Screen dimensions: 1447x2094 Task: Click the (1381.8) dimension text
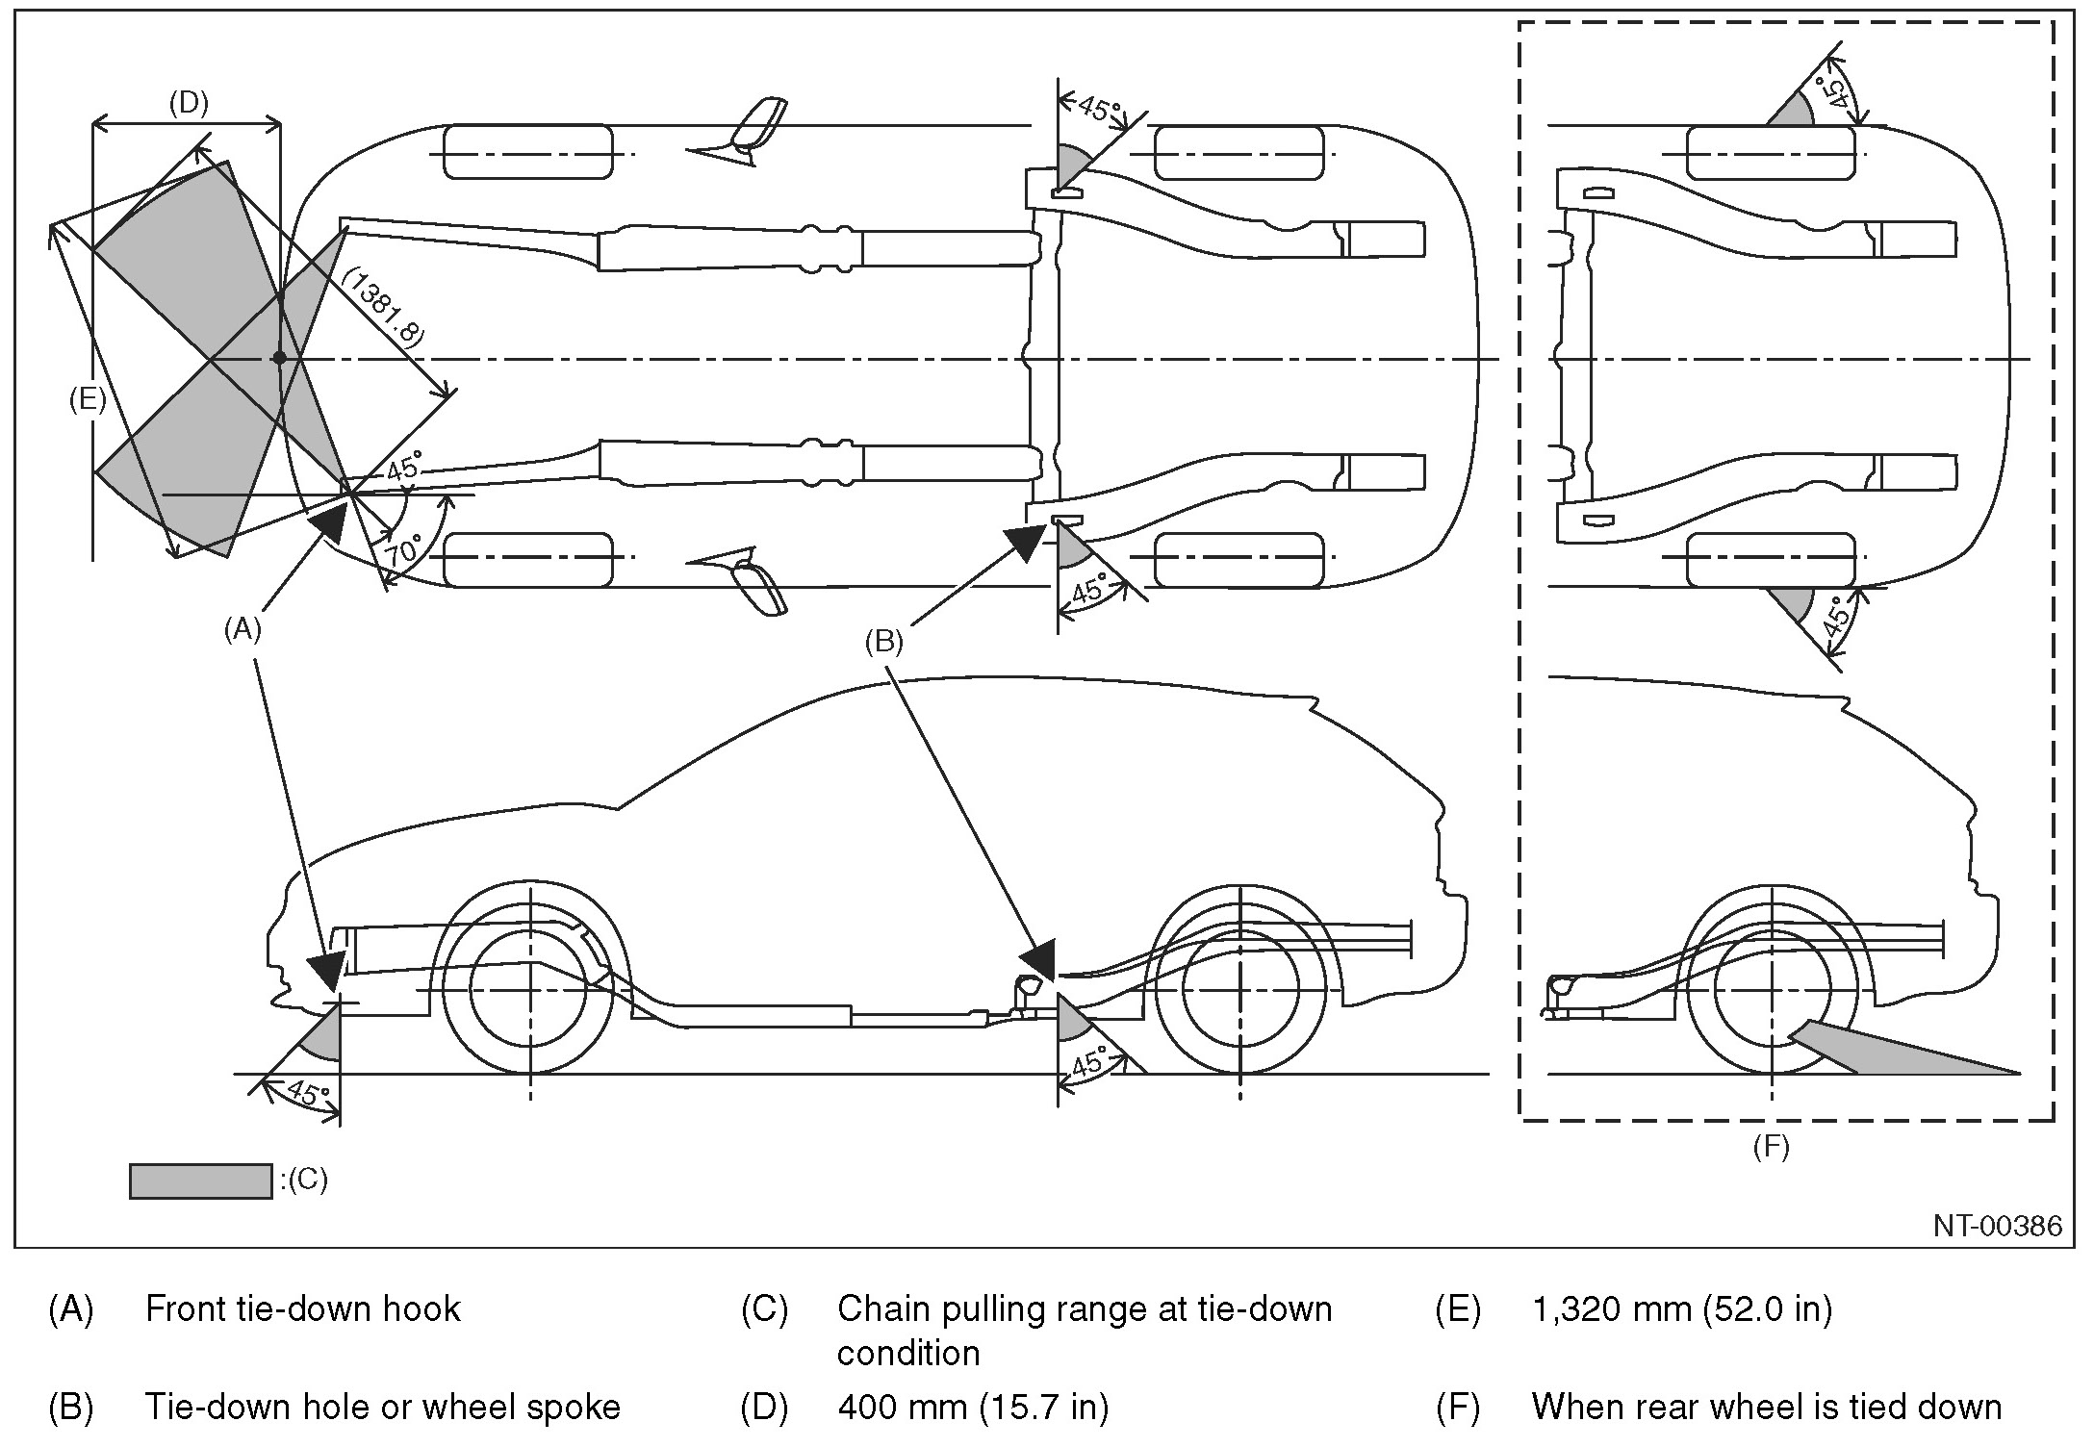tap(383, 308)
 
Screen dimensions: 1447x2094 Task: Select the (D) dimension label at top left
tap(189, 103)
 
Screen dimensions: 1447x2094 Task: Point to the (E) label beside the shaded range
tap(88, 399)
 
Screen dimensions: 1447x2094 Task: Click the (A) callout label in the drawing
tap(243, 629)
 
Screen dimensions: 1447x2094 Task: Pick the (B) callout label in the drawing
tap(884, 642)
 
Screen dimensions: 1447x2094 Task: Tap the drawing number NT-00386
tap(1998, 1225)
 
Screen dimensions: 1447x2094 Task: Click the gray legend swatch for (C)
tap(200, 1180)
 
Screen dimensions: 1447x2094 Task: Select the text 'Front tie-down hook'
tap(302, 1309)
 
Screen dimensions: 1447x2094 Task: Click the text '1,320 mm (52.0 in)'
tap(1681, 1309)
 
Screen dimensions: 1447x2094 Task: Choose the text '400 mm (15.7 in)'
tap(973, 1408)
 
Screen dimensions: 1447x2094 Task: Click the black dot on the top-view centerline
tap(279, 358)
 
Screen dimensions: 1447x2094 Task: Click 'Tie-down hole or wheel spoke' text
tap(382, 1408)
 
